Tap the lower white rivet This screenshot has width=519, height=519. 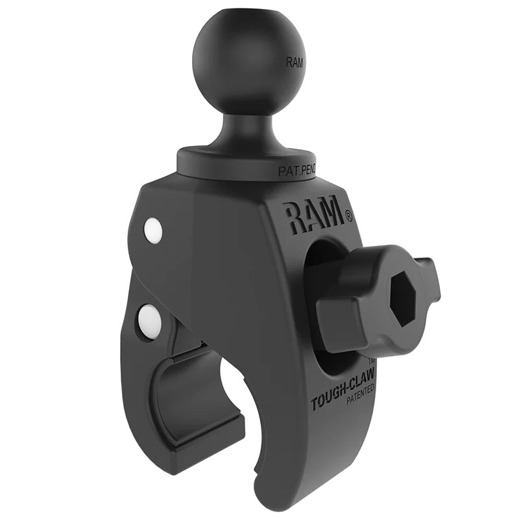pyautogui.click(x=149, y=319)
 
